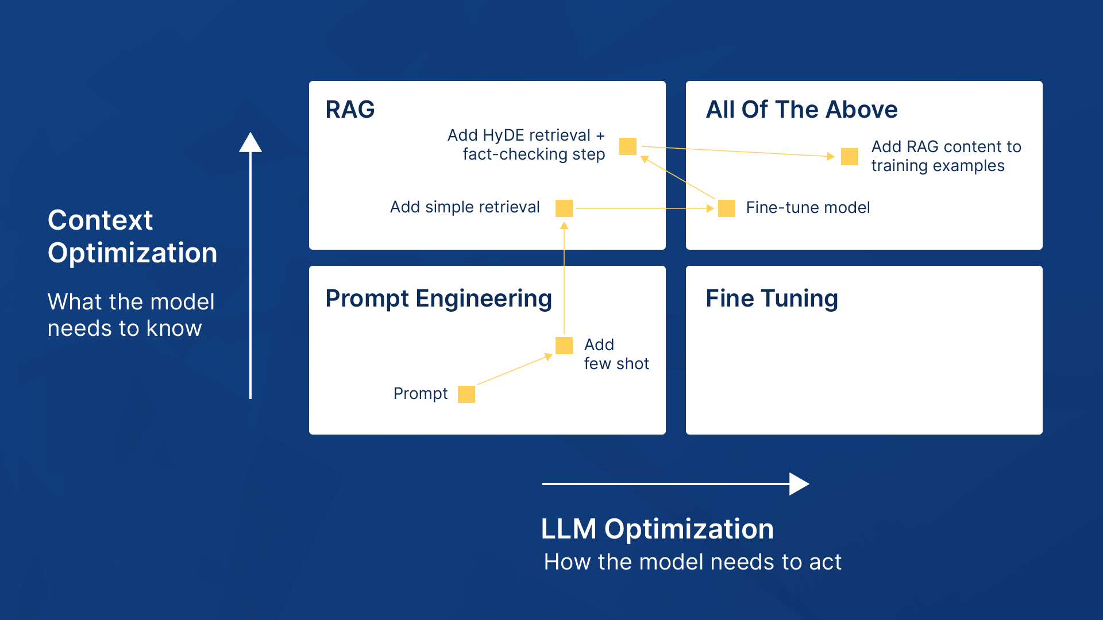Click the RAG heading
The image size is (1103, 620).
350,109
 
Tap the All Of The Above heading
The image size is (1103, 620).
801,109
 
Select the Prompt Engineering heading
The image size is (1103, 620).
438,299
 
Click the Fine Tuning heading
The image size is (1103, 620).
772,299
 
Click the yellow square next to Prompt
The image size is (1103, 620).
466,394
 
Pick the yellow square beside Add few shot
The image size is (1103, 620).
564,346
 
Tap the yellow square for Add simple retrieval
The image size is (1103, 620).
564,208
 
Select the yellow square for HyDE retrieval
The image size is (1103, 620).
628,146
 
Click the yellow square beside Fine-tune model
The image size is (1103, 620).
727,208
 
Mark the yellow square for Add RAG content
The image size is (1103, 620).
850,157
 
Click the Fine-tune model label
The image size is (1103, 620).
808,208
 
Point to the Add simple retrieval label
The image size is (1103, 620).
465,207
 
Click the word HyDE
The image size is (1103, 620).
502,135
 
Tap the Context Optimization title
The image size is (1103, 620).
132,236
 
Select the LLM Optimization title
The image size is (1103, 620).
657,529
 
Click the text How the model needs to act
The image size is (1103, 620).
692,562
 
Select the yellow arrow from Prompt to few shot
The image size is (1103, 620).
513,370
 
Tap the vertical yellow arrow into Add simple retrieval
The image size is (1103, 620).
564,278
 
